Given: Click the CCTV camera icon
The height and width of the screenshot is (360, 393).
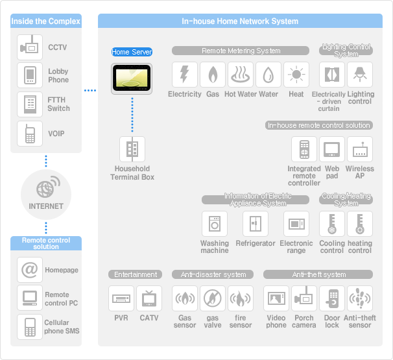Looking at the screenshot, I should tap(30, 48).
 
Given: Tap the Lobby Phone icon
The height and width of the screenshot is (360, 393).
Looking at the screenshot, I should tap(30, 75).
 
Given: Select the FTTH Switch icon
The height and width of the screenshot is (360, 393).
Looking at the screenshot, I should tap(30, 104).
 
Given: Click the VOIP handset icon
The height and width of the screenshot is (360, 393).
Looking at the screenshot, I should tap(30, 134).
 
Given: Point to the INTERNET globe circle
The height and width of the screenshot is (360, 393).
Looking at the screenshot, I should tap(46, 192).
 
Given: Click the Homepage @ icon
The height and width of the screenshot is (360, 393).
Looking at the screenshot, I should tap(30, 270).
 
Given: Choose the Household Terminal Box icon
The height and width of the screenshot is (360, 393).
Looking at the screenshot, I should tap(132, 149).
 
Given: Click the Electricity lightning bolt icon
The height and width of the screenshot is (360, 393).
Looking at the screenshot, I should tap(184, 75).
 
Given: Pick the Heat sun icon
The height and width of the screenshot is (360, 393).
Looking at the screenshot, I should tap(296, 75).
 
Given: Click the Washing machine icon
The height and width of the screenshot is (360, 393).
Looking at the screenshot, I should tap(214, 224).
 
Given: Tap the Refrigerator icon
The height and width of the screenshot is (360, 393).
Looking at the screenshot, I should tap(255, 224).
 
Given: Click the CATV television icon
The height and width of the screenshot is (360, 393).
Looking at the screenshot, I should tap(149, 299).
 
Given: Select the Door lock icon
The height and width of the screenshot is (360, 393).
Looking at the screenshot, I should tap(332, 299).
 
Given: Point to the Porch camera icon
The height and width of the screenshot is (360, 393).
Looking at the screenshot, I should tap(304, 299).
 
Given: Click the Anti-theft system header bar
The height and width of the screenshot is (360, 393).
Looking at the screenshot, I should tap(318, 274).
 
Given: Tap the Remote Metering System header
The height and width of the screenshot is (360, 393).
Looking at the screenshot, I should tap(241, 51).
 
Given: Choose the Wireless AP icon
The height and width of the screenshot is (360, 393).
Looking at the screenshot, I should tap(360, 150).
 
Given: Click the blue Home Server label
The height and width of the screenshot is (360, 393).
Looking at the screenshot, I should tap(132, 52).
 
